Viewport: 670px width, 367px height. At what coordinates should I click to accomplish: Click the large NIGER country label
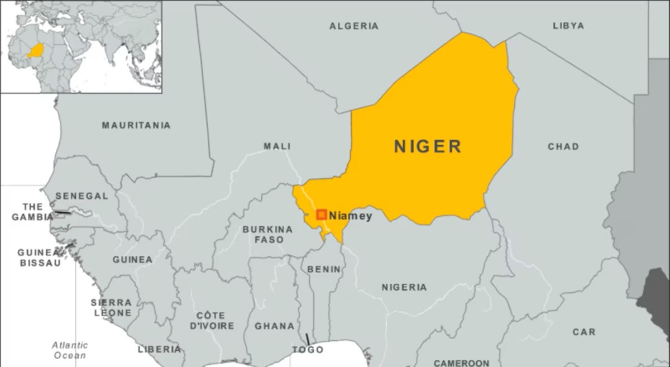pos(428,146)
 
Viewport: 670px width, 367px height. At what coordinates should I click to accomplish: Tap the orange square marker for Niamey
pos(322,215)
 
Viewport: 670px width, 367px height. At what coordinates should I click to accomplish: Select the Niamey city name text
pos(351,216)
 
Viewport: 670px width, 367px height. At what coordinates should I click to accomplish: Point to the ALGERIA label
pos(353,26)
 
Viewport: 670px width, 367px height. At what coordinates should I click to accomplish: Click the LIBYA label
pos(568,26)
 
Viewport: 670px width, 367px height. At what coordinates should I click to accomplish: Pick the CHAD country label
pos(563,146)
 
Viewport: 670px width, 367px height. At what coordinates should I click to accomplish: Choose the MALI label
pos(277,146)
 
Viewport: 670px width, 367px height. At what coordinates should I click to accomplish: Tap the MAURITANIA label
pos(136,125)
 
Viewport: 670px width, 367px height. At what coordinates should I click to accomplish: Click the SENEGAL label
pos(82,196)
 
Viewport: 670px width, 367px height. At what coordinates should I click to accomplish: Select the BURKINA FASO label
pos(267,235)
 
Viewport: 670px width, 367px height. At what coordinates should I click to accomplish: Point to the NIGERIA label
pos(404,287)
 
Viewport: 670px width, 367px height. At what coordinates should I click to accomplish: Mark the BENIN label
pos(324,269)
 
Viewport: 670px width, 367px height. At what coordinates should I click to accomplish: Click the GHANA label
pos(274,326)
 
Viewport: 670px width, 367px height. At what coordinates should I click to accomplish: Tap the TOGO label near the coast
pos(308,350)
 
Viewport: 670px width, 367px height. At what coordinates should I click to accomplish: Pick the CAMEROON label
pos(461,363)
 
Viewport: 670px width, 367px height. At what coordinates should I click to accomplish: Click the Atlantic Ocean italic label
pos(70,350)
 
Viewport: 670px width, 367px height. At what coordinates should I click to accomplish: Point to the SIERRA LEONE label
pos(112,308)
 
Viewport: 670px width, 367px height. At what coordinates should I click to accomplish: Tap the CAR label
pos(583,332)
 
